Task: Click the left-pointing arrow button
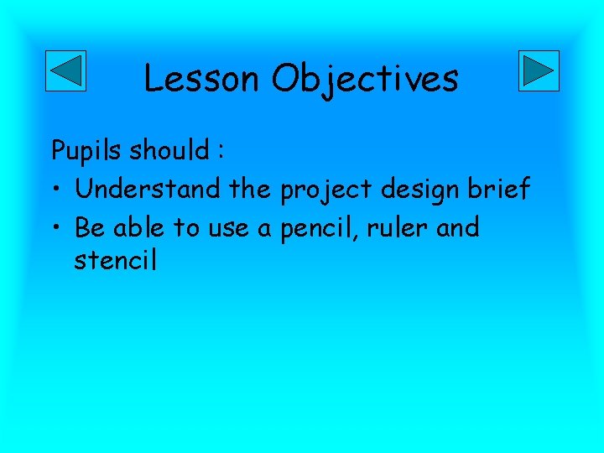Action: click(65, 70)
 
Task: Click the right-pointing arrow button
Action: click(539, 70)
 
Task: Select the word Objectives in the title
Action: click(365, 80)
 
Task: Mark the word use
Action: click(228, 228)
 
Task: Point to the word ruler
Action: click(401, 227)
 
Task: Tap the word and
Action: click(460, 226)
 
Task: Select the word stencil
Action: click(116, 260)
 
